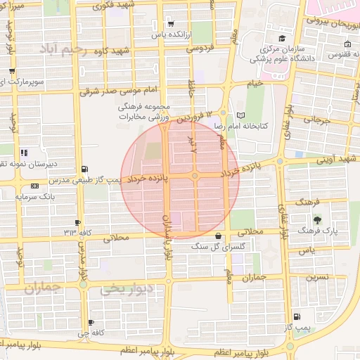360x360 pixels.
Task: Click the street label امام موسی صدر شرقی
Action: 125,90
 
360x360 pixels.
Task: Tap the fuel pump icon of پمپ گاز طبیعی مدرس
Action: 86,169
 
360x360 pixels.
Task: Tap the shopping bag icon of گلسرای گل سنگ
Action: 219,236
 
